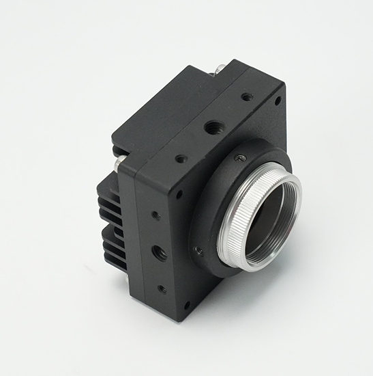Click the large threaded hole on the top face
pyautogui.click(x=213, y=126)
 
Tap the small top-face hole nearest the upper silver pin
pyautogui.click(x=246, y=97)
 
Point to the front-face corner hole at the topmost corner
pyautogui.click(x=278, y=100)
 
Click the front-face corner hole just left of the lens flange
pyautogui.click(x=179, y=195)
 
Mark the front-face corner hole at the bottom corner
pyautogui.click(x=187, y=305)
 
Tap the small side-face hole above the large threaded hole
pyautogui.click(x=155, y=215)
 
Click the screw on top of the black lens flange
pyautogui.click(x=239, y=159)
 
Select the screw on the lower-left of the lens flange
pyautogui.click(x=198, y=251)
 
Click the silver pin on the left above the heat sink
pyautogui.click(x=121, y=162)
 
